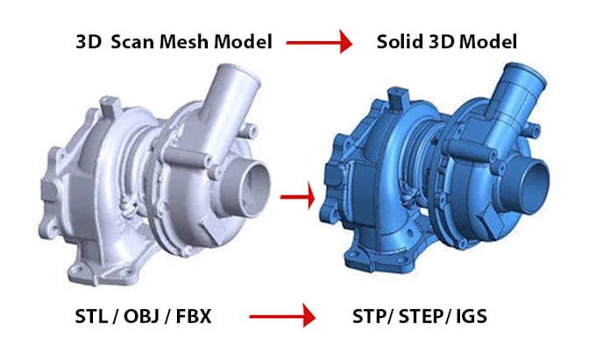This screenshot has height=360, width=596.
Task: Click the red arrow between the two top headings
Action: point(319,42)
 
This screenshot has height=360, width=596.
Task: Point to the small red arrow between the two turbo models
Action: point(298,197)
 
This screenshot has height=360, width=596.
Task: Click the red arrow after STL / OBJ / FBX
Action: point(282,316)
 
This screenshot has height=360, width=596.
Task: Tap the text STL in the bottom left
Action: point(91,316)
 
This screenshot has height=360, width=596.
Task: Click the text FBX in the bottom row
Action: point(194,316)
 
